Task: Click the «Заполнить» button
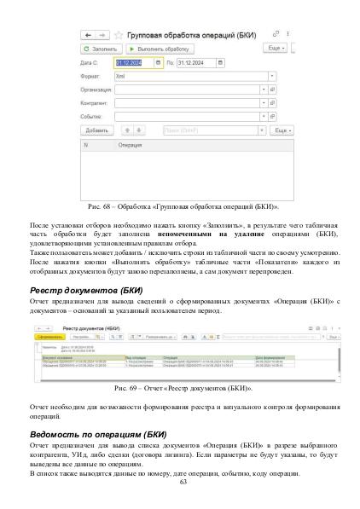click(98, 50)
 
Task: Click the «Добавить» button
click(97, 131)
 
